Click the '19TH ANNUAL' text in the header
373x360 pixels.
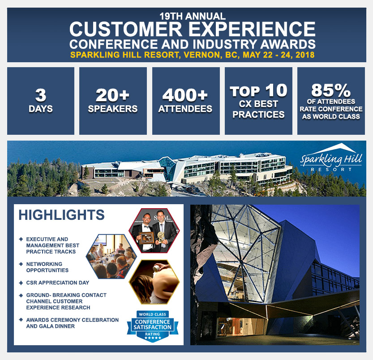point(193,16)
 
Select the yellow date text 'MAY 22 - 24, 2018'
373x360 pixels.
point(279,55)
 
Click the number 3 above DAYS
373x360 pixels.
point(41,95)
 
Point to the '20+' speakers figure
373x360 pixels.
point(112,95)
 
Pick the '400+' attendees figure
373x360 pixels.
point(185,95)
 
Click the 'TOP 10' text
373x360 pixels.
point(258,90)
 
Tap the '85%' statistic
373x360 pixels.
point(331,90)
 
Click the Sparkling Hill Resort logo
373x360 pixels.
point(331,157)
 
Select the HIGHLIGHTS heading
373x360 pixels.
point(62,215)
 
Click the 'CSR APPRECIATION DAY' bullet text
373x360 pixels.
point(58,283)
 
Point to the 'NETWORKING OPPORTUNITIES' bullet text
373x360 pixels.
point(47,267)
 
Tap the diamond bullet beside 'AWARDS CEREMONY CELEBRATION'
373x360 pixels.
point(21,320)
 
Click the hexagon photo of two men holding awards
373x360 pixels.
point(154,231)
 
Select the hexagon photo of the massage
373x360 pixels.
point(154,282)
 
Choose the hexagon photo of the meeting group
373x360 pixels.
point(111,256)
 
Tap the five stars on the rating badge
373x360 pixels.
point(153,338)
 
